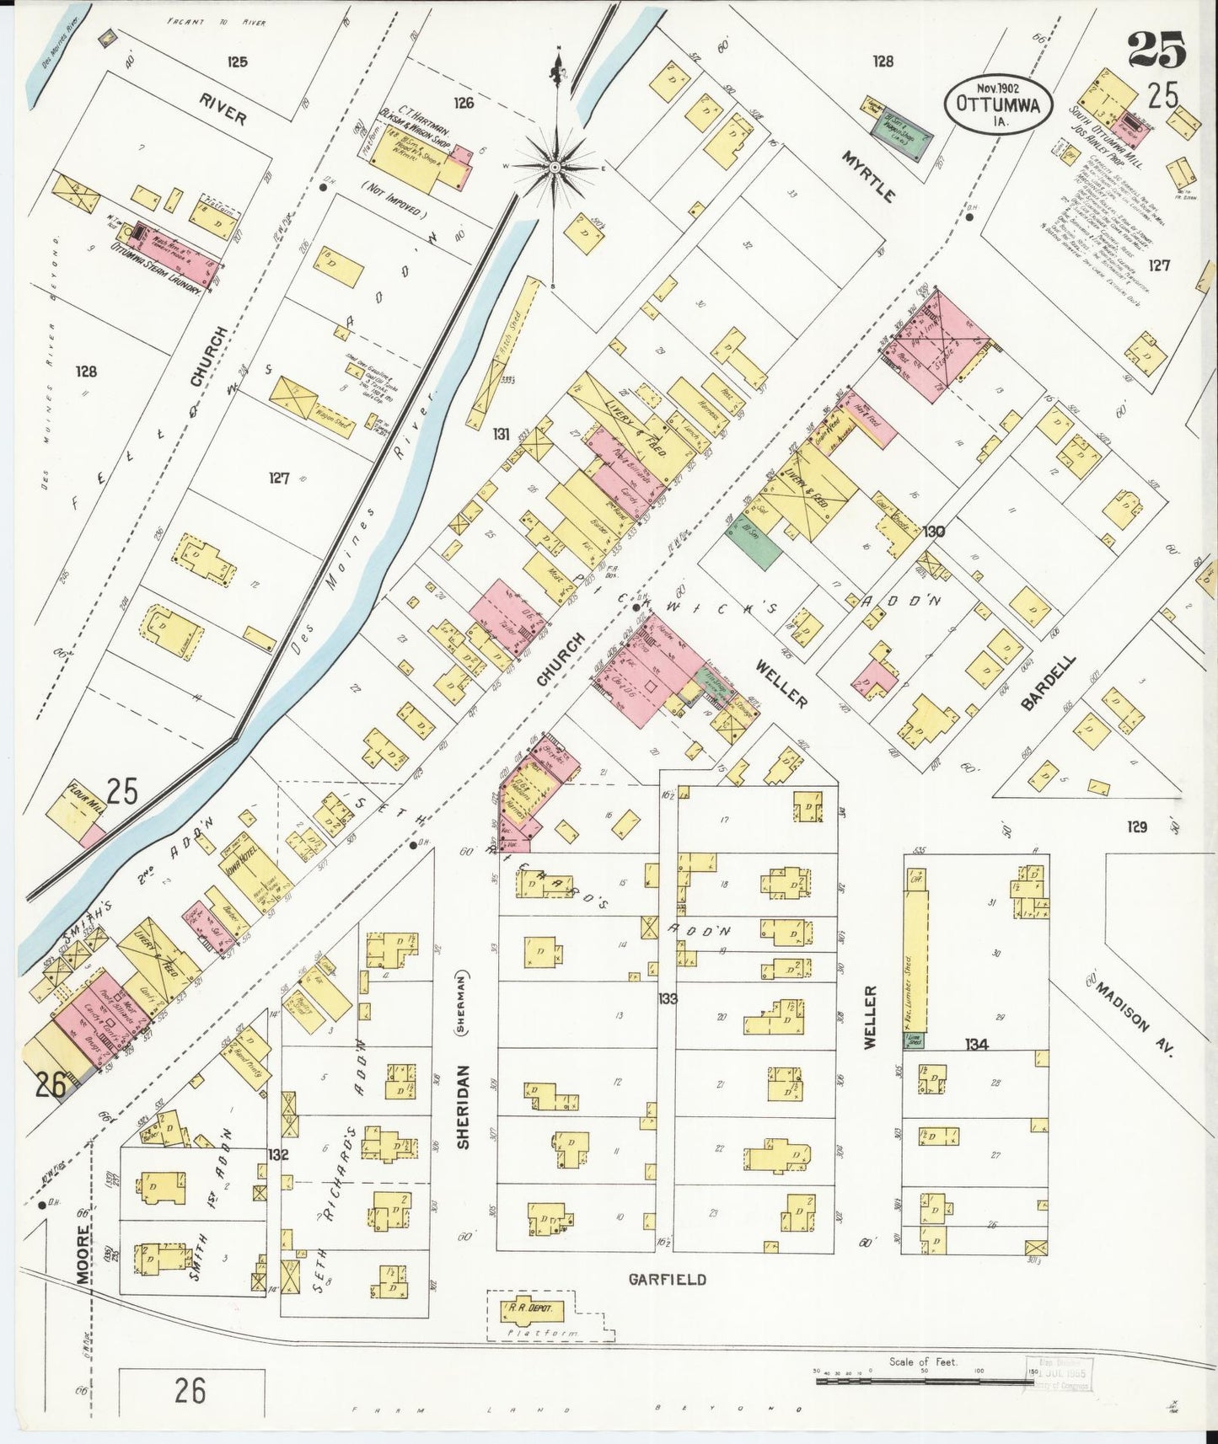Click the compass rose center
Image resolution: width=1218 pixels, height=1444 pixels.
pos(555,168)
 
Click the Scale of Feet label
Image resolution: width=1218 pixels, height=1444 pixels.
pos(923,1361)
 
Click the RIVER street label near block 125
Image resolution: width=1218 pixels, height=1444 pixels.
pos(223,110)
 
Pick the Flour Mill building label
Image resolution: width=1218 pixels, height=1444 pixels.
pos(83,794)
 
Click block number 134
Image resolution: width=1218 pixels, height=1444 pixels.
pos(976,1045)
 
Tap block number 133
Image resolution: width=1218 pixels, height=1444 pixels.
pos(668,999)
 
